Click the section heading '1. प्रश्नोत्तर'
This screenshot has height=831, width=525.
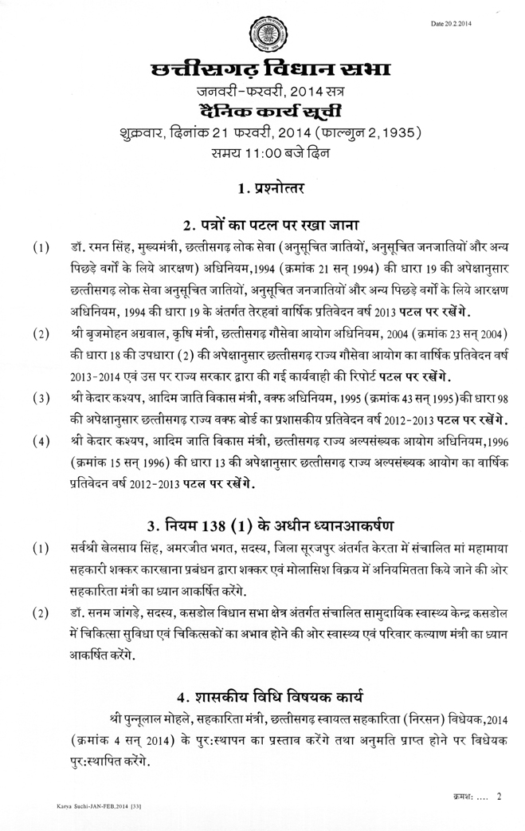pos(263,189)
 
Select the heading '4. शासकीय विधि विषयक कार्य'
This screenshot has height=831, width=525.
pos(263,692)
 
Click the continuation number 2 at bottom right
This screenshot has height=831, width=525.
pos(499,795)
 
